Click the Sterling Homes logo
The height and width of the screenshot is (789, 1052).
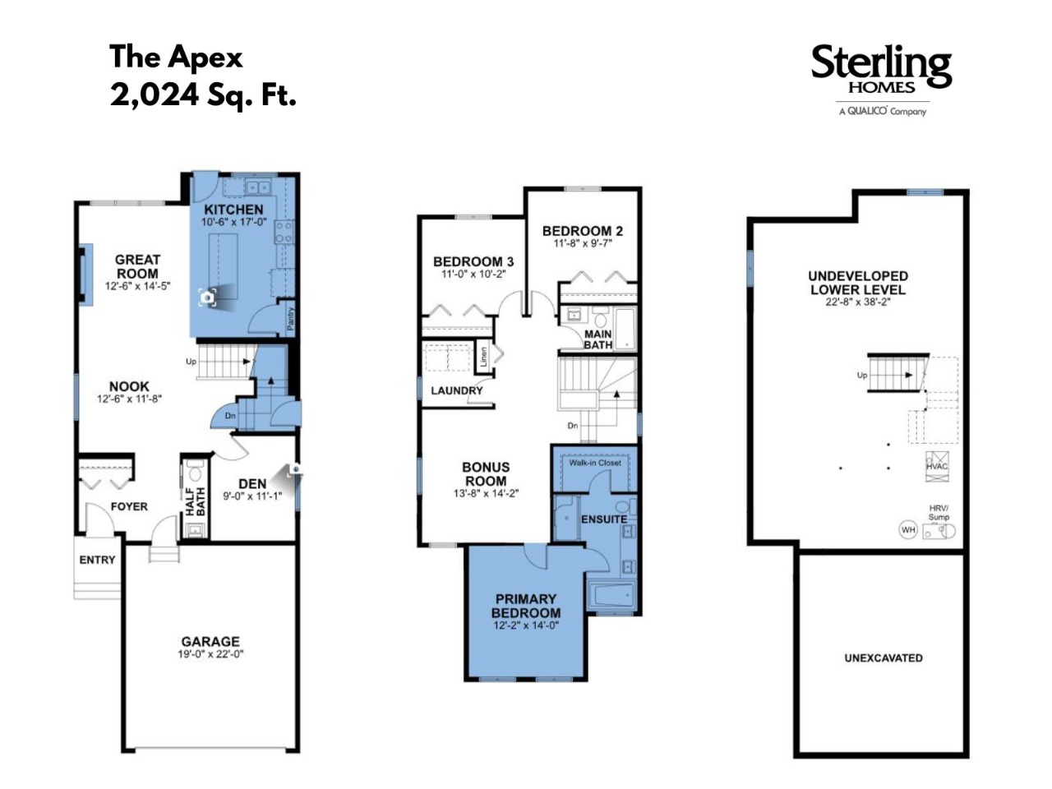coord(880,80)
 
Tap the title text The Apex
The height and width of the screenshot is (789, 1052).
coord(176,57)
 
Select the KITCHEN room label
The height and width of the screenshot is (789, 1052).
coord(233,210)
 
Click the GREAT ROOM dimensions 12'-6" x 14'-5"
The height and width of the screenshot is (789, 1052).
coord(137,286)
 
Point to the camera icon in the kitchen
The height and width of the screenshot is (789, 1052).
coord(207,298)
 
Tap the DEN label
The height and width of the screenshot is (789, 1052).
coord(252,484)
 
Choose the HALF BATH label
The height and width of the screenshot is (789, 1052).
coord(195,501)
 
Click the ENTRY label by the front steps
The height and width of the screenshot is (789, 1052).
coord(97,560)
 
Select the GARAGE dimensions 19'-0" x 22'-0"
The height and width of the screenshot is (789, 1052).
coord(210,654)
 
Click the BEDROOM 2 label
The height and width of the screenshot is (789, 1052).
coord(583,231)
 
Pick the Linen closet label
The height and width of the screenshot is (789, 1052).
coord(483,357)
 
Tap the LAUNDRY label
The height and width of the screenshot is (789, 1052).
coord(457,390)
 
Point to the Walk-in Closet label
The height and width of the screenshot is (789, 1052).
coord(595,463)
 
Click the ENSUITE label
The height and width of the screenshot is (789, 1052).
coord(604,519)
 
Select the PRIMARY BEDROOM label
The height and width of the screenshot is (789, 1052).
coord(526,606)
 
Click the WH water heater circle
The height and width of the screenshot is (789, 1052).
coord(908,530)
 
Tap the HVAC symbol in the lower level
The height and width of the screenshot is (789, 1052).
coord(937,466)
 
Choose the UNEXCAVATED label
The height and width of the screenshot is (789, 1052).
coord(884,657)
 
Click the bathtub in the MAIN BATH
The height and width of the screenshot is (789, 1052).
coord(625,329)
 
